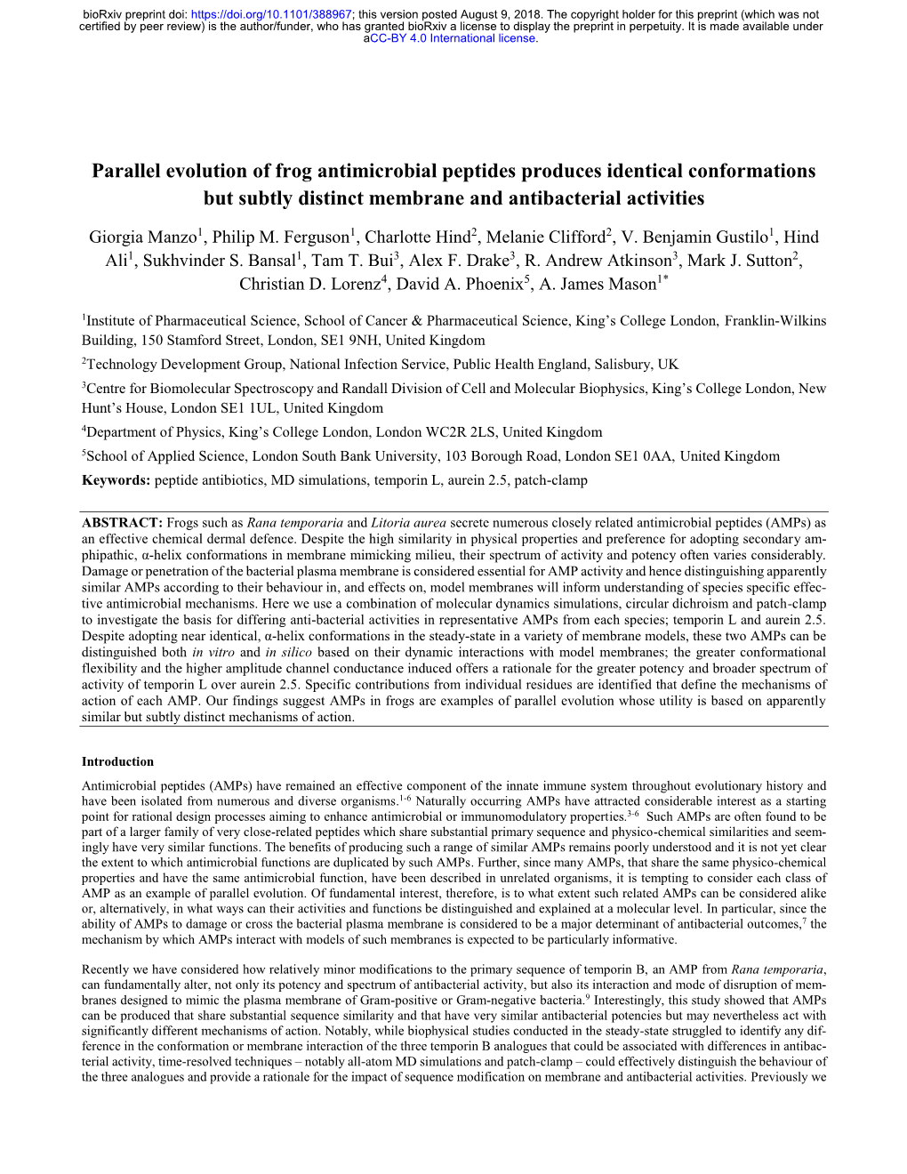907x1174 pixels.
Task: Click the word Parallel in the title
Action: tap(130, 171)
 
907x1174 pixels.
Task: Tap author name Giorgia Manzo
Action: tap(142, 237)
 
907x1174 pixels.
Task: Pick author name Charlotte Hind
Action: tap(417, 237)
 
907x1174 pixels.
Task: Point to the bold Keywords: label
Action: tap(116, 480)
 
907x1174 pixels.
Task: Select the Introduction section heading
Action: tap(117, 761)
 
